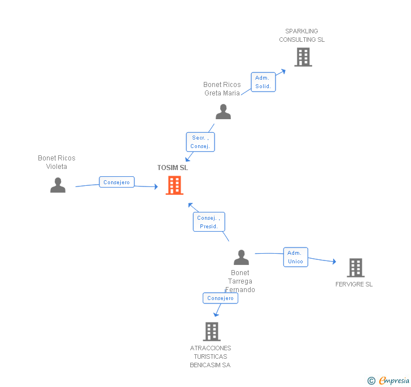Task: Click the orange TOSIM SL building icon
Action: (174, 185)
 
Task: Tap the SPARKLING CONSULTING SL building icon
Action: (303, 57)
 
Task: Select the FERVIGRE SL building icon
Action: (355, 267)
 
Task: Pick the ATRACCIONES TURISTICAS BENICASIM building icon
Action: (212, 332)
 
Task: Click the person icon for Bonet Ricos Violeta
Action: (58, 185)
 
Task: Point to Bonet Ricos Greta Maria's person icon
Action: (223, 112)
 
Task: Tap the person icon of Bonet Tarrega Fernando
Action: (241, 258)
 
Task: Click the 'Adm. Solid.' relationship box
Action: (263, 82)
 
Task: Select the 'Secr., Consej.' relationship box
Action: (200, 142)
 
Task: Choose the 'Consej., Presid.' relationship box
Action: (209, 222)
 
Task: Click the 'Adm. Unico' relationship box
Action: (295, 257)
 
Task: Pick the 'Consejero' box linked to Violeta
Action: (117, 182)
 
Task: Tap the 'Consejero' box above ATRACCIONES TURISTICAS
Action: (220, 298)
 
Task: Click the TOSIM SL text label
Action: (173, 168)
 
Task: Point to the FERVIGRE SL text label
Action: (354, 284)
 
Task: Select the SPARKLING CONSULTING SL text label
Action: (302, 36)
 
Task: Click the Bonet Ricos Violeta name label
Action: (56, 162)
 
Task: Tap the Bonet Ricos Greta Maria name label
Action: (222, 89)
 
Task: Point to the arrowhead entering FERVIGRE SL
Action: (334, 262)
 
